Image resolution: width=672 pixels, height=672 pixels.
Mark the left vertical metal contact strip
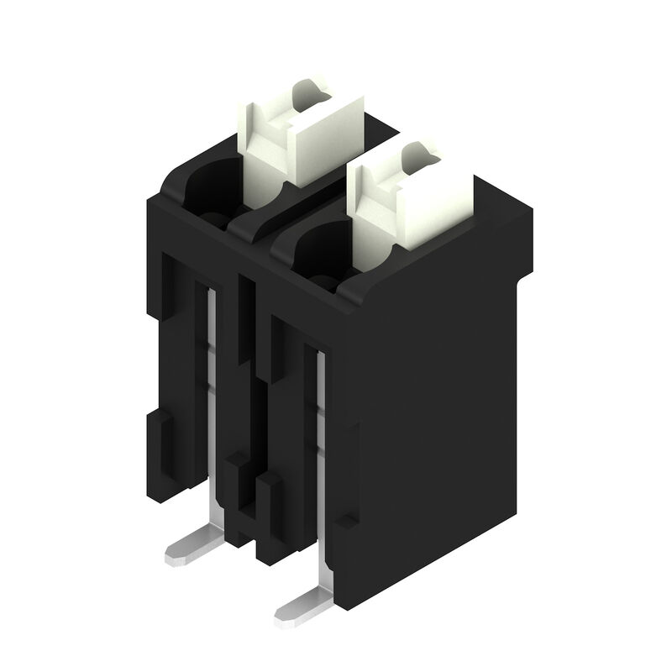213,395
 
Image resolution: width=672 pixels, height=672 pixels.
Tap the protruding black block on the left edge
160,445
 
